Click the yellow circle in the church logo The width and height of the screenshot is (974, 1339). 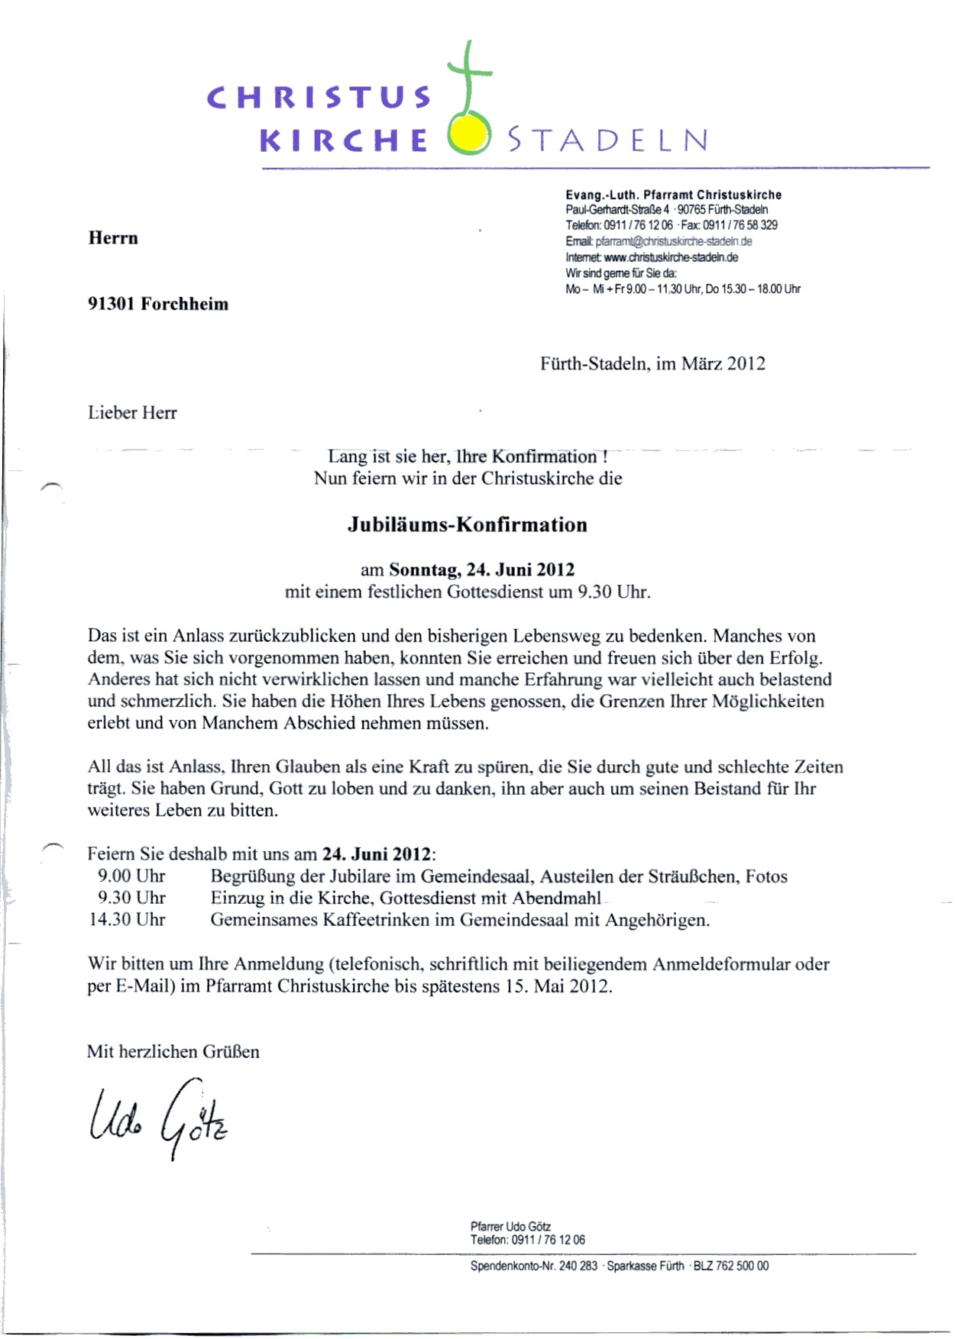coord(468,135)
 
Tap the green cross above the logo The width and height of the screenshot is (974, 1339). coord(468,76)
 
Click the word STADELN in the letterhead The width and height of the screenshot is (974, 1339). coord(608,140)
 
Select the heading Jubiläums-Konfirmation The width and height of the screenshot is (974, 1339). coord(468,524)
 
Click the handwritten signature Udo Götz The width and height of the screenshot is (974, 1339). coord(159,1116)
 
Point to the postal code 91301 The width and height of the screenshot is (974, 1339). coord(112,304)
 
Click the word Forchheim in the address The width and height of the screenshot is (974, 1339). coord(184,304)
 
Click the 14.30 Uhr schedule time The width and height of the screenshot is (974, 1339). coord(127,919)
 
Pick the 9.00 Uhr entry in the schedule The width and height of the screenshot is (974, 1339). coord(131,876)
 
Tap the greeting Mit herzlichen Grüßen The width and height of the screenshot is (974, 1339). coord(173,1051)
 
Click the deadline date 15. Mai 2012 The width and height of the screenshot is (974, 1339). coord(557,986)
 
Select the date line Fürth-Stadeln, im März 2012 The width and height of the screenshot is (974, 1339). coord(652,363)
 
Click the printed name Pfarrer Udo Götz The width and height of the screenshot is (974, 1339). coord(510,1227)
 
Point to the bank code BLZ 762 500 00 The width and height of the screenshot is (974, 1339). coord(731,1266)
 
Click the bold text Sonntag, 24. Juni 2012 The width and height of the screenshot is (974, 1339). coord(481,569)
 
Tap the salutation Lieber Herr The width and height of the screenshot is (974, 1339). coord(132,412)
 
